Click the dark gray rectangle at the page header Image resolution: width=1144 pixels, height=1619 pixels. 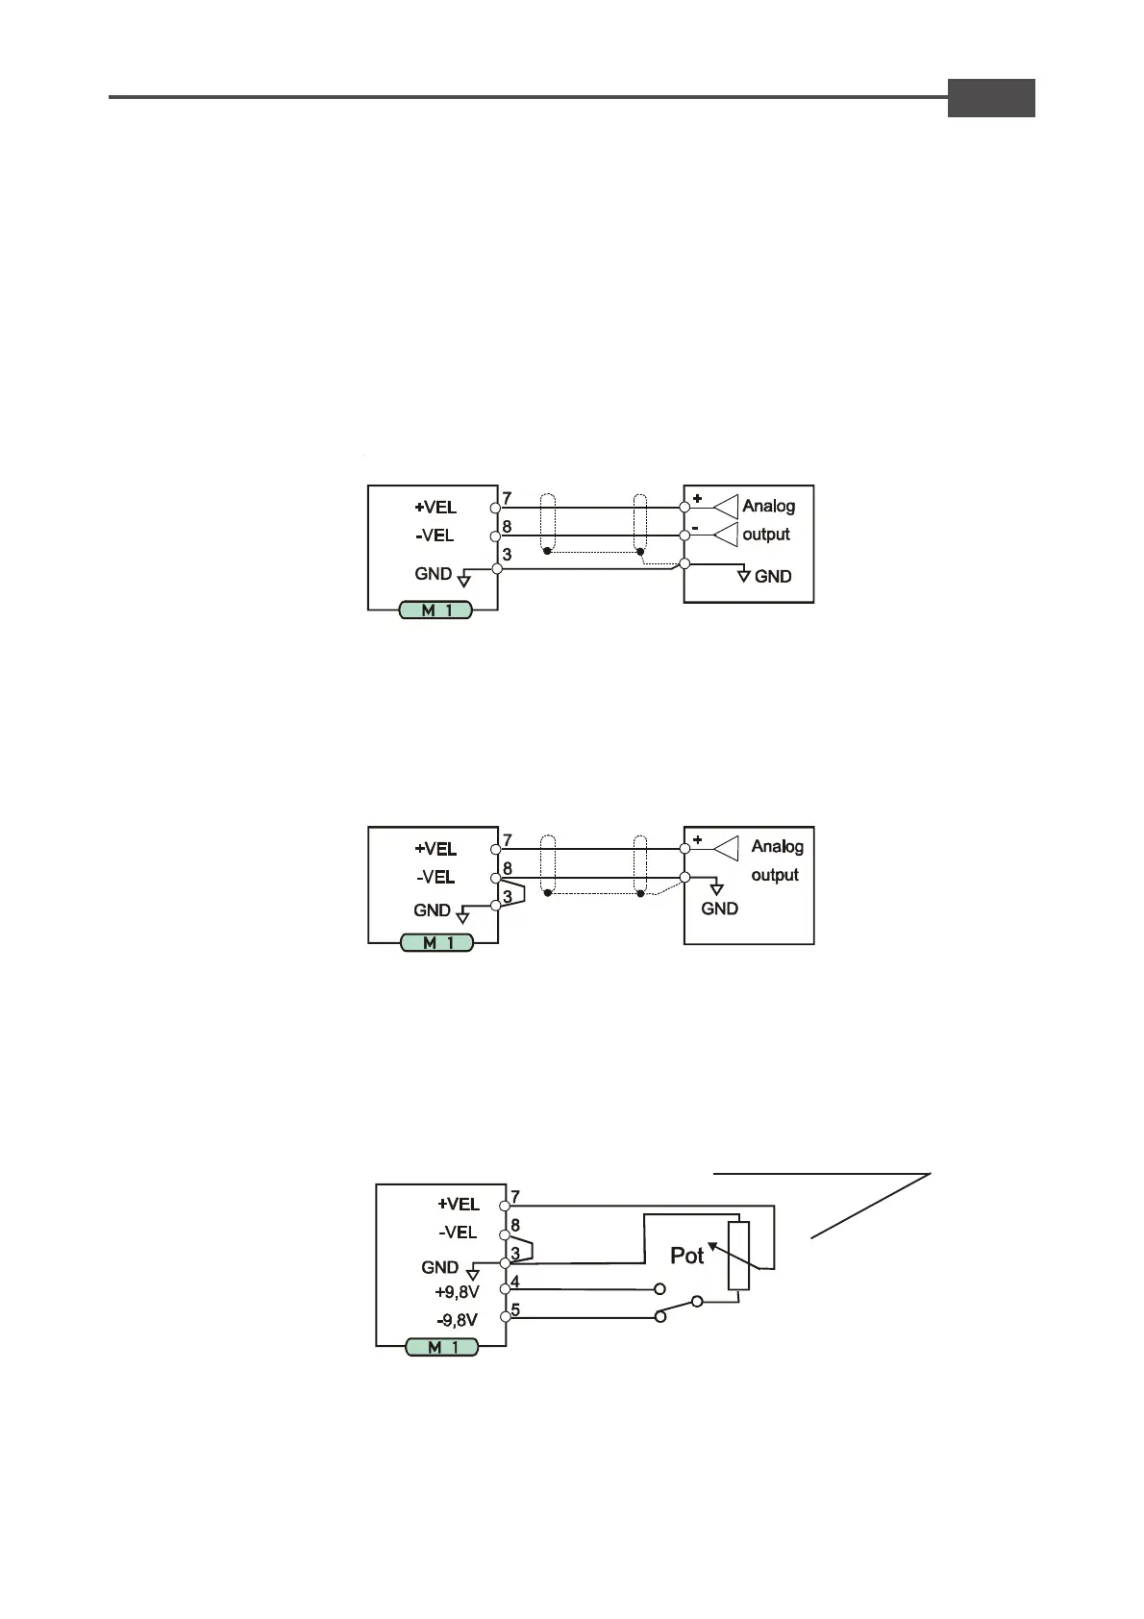[990, 98]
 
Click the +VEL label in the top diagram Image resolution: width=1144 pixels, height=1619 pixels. [435, 507]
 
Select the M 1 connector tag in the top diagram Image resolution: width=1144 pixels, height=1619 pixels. [435, 610]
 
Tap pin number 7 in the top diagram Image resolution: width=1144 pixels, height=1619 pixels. [508, 498]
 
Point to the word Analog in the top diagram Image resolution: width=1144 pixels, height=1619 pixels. [768, 506]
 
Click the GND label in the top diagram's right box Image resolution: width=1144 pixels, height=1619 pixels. [773, 576]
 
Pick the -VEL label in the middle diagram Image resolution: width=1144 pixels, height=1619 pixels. [435, 877]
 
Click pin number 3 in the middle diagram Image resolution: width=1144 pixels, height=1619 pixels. [508, 897]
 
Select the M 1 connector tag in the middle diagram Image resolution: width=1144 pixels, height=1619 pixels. [437, 942]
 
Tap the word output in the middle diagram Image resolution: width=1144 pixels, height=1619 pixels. [775, 875]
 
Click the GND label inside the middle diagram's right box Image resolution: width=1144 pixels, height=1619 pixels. [719, 909]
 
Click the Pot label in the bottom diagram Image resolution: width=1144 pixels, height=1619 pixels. [686, 1256]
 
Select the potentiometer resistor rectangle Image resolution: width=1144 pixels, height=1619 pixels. [738, 1256]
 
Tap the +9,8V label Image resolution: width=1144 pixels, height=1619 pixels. [457, 1291]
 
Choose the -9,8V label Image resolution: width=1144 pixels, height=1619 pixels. [457, 1320]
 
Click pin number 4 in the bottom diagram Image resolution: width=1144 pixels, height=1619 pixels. [515, 1282]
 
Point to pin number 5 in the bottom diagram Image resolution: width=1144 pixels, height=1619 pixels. [515, 1309]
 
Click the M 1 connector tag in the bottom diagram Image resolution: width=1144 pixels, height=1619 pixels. [441, 1347]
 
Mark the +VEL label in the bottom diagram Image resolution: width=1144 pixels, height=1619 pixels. [459, 1204]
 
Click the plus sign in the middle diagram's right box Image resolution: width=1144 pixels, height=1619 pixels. [697, 840]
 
